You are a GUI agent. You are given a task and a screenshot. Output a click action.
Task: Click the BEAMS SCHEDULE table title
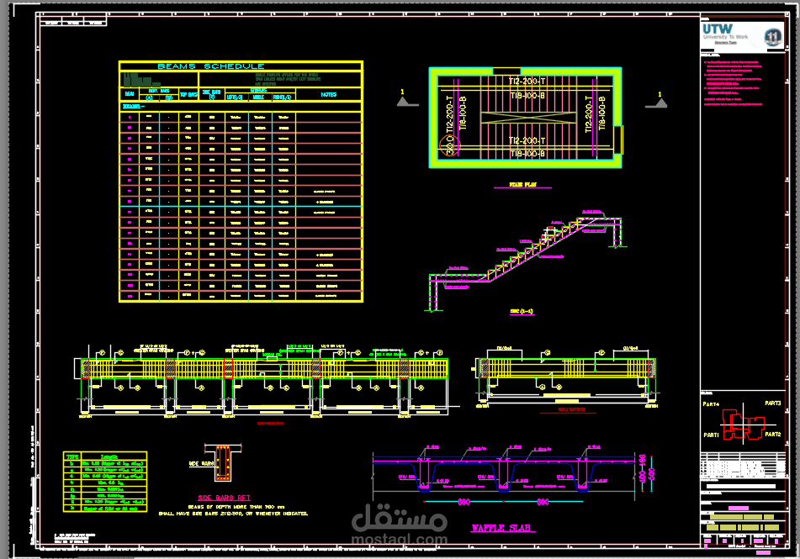[x=210, y=66]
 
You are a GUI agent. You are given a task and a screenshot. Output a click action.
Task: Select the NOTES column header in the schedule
[x=329, y=94]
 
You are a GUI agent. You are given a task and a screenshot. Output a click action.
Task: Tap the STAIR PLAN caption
[x=528, y=184]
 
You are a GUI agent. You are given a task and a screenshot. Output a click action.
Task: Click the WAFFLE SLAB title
[x=501, y=527]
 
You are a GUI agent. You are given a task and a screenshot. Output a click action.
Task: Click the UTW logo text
[x=718, y=29]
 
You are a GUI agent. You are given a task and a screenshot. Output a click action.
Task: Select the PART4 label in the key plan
[x=712, y=404]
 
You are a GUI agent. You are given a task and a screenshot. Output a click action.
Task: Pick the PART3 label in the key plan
[x=773, y=403]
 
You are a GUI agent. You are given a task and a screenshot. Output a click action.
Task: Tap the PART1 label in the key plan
[x=712, y=435]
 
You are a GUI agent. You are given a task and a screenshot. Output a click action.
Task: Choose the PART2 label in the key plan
[x=773, y=434]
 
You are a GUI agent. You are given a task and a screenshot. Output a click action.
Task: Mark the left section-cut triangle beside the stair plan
[x=408, y=101]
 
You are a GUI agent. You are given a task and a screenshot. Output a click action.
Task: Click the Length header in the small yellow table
[x=109, y=456]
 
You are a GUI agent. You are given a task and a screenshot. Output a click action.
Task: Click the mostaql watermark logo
[x=399, y=525]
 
